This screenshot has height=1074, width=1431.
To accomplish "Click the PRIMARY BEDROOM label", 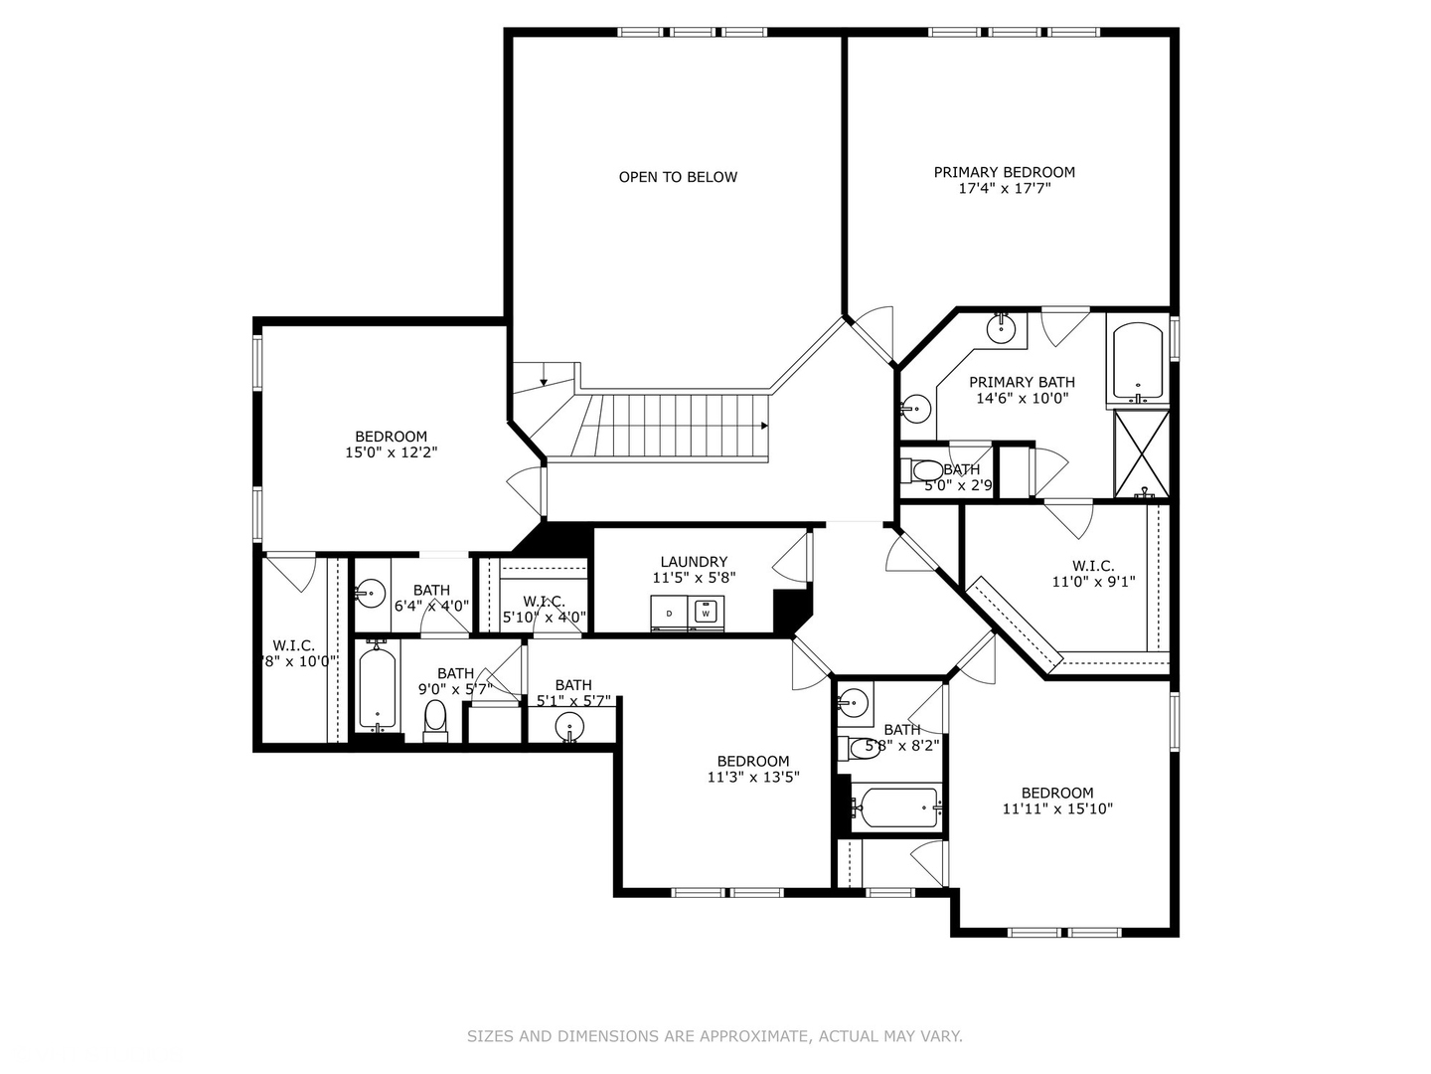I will pos(1004,172).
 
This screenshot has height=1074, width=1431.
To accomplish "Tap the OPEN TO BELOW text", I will pos(678,177).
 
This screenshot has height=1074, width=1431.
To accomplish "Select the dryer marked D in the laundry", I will pos(670,614).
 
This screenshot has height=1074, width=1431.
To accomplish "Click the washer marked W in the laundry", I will pos(706,613).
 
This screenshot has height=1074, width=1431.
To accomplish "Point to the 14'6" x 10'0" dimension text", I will pos(1022,398).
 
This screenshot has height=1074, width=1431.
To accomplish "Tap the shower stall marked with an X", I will pos(1141,452).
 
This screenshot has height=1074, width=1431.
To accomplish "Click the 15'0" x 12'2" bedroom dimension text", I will pos(392,451).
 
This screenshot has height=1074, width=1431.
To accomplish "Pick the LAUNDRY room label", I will pos(694,562).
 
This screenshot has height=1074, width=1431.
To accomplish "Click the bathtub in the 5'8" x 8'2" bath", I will pos(897,806).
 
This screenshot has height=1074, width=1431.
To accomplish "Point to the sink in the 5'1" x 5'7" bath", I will pos(569,725).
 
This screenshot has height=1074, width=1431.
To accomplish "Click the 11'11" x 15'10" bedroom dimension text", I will pos(1057,808).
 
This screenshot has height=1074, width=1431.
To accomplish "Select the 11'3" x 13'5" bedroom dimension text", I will pos(753,777).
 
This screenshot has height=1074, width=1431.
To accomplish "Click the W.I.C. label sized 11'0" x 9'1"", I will pos(1093,566).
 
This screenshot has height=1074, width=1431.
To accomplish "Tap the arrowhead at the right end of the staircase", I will pos(763,426).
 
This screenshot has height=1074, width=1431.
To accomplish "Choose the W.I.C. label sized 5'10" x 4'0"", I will pos(544,602).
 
